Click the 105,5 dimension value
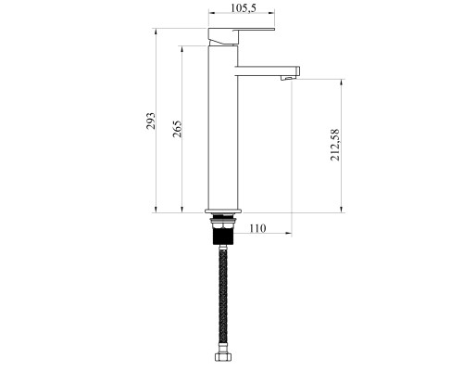pos(244,8)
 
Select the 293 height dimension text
pos(151,121)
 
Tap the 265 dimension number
pos(177,129)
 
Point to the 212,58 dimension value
pos(335,145)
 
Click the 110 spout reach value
pos(257,228)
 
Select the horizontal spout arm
pos(268,71)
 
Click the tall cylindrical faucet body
pos(223,127)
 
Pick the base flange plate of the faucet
pos(223,211)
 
